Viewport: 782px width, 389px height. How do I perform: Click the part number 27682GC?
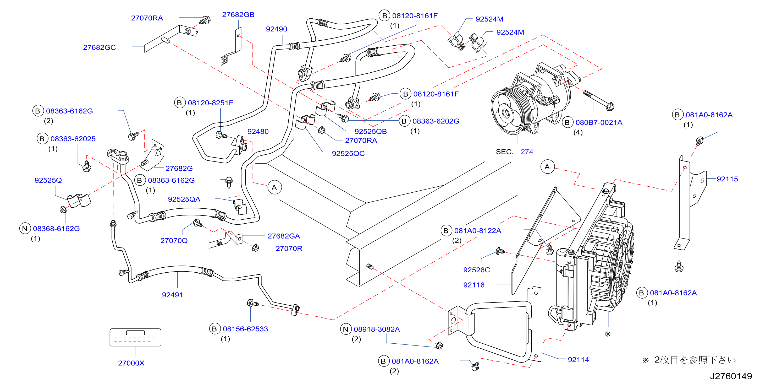click(x=99, y=47)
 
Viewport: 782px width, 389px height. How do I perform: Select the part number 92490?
click(x=276, y=29)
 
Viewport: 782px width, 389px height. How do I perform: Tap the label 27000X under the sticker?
click(x=131, y=363)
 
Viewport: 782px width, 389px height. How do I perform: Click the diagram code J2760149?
click(x=731, y=376)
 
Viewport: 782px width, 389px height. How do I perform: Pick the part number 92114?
click(x=578, y=360)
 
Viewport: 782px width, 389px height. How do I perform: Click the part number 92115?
click(x=727, y=179)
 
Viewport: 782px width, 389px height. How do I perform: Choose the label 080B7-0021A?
click(x=599, y=122)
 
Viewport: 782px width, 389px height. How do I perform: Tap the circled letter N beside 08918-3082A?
click(x=345, y=329)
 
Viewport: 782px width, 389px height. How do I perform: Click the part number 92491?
click(x=172, y=295)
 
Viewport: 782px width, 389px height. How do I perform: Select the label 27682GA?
click(x=284, y=236)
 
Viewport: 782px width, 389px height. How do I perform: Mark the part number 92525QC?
click(x=348, y=153)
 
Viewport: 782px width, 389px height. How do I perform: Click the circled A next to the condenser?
click(x=547, y=167)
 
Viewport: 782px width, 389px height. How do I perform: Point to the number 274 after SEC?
click(x=527, y=152)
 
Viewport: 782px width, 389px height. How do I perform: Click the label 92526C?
click(x=477, y=270)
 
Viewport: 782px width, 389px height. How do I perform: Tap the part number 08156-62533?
click(x=245, y=329)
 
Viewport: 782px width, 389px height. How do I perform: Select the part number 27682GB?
click(x=238, y=15)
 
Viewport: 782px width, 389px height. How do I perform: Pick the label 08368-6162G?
click(x=57, y=229)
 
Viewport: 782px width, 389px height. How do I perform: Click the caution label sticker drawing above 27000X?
click(x=135, y=337)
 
